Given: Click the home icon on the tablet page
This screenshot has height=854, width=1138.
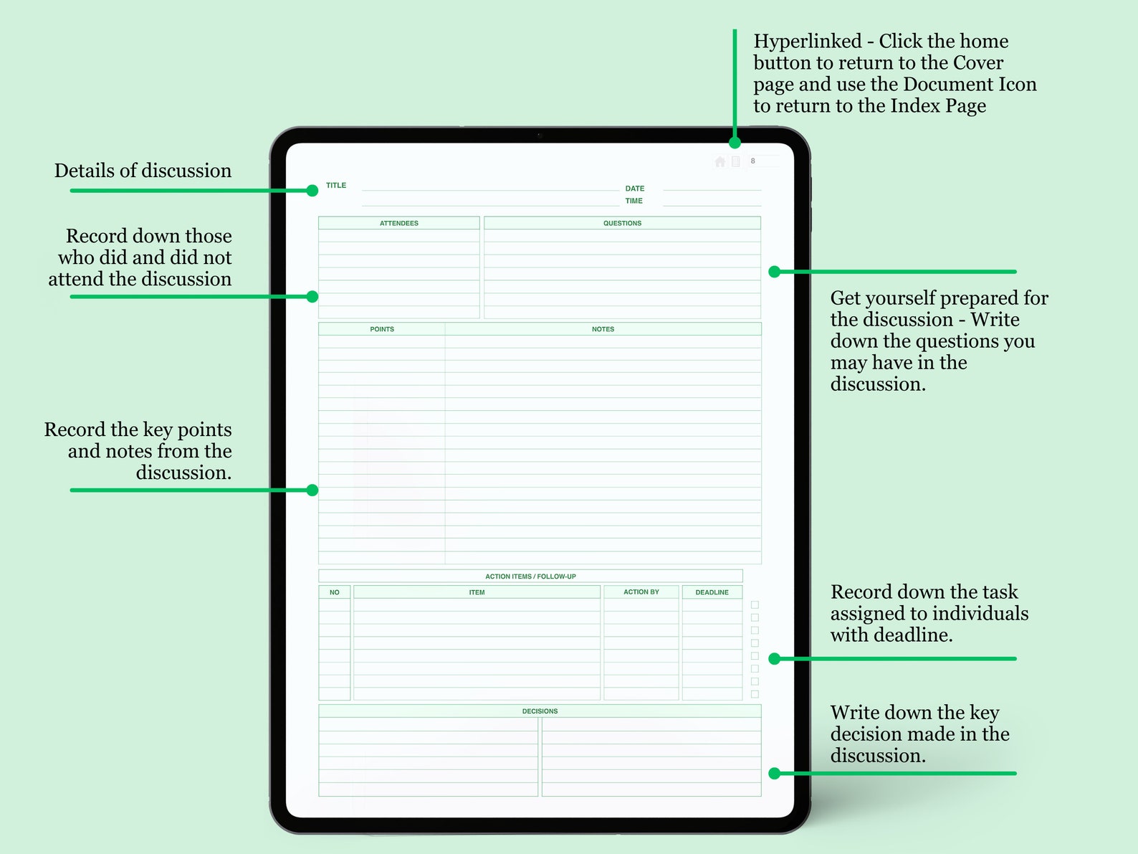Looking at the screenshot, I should [720, 161].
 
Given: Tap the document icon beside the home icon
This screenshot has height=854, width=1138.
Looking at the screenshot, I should [735, 161].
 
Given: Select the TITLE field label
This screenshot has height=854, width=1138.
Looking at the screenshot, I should [336, 186].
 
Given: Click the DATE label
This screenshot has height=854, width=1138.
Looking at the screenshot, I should [634, 189].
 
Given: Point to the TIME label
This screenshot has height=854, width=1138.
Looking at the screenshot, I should [633, 201].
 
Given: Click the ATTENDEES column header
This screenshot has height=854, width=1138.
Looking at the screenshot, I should [399, 224].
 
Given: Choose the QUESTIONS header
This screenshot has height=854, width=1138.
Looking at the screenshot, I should [622, 224].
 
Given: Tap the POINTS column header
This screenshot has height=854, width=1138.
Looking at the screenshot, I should [382, 330].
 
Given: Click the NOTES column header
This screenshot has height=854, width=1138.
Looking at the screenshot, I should [603, 330].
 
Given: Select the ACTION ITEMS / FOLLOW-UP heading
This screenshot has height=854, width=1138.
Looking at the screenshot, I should [530, 577].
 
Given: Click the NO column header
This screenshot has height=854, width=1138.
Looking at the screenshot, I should [335, 593].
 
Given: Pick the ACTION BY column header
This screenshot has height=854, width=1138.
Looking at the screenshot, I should [641, 592].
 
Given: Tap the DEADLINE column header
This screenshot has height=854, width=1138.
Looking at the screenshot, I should [712, 593].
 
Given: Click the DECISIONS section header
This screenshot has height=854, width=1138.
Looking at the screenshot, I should [540, 711].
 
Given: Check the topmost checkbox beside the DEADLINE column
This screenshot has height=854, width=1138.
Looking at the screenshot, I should [755, 605].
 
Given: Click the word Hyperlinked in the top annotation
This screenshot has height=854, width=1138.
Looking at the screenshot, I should [808, 42].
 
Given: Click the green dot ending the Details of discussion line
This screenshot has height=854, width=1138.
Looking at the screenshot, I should [312, 191].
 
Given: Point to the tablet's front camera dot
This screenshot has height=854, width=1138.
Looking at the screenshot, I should [540, 135].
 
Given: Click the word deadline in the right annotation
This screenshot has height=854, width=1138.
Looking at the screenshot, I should [917, 635].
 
